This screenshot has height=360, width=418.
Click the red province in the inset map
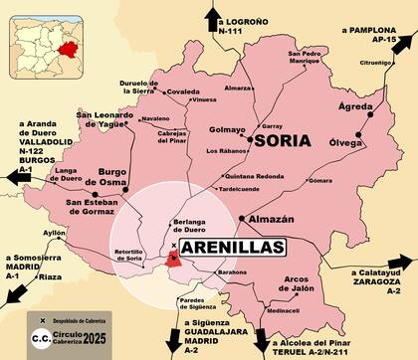(x=68, y=48)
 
